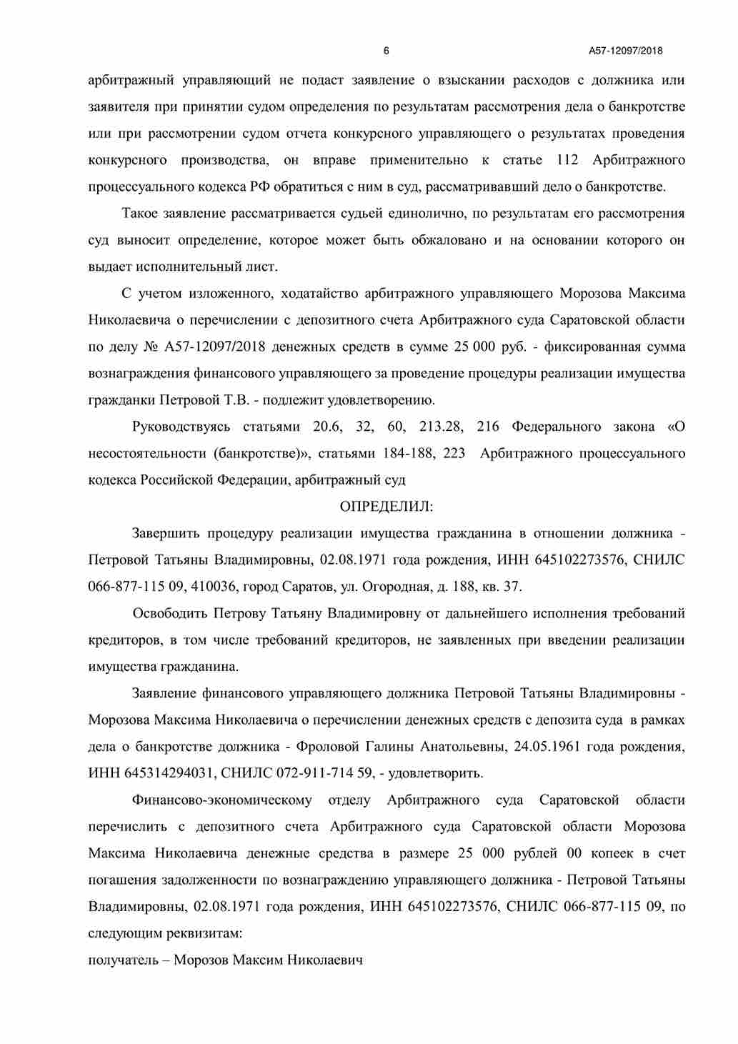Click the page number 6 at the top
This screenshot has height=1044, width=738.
(387, 51)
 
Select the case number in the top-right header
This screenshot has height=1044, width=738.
(625, 51)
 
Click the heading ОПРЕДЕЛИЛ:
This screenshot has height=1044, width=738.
(387, 507)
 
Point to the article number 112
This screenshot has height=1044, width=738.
(567, 160)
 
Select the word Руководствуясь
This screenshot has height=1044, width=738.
(181, 427)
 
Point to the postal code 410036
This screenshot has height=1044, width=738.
(216, 587)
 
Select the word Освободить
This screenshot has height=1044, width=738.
(169, 613)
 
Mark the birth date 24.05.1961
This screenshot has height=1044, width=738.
(547, 747)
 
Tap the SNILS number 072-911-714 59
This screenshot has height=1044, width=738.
(321, 773)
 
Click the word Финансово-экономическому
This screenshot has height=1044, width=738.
(222, 800)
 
